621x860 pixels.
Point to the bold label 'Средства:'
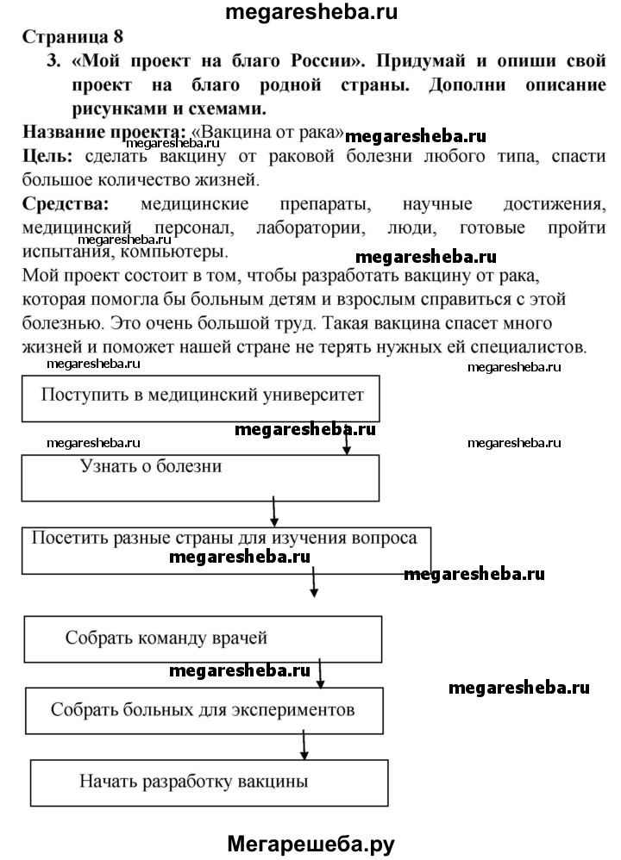[x=66, y=204]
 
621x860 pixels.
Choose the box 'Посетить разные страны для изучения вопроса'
[x=225, y=548]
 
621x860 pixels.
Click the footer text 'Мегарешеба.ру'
[x=310, y=842]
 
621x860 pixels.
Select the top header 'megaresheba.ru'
[x=312, y=11]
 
